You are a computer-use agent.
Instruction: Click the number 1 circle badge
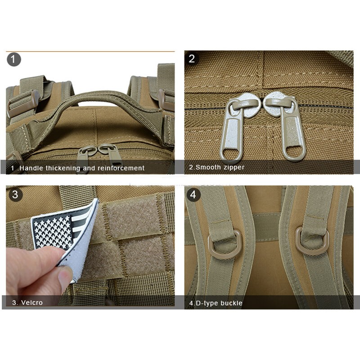point(14,59)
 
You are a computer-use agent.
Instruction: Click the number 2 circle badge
point(192,59)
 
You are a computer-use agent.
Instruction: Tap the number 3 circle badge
point(15,194)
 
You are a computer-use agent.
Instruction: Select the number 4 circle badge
point(193,195)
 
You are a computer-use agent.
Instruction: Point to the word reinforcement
point(121,168)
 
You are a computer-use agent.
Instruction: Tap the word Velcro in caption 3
point(32,302)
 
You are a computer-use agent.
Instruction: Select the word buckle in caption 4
point(231,303)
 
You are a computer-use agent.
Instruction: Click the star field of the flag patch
point(52,231)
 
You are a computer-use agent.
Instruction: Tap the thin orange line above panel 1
point(90,51)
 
